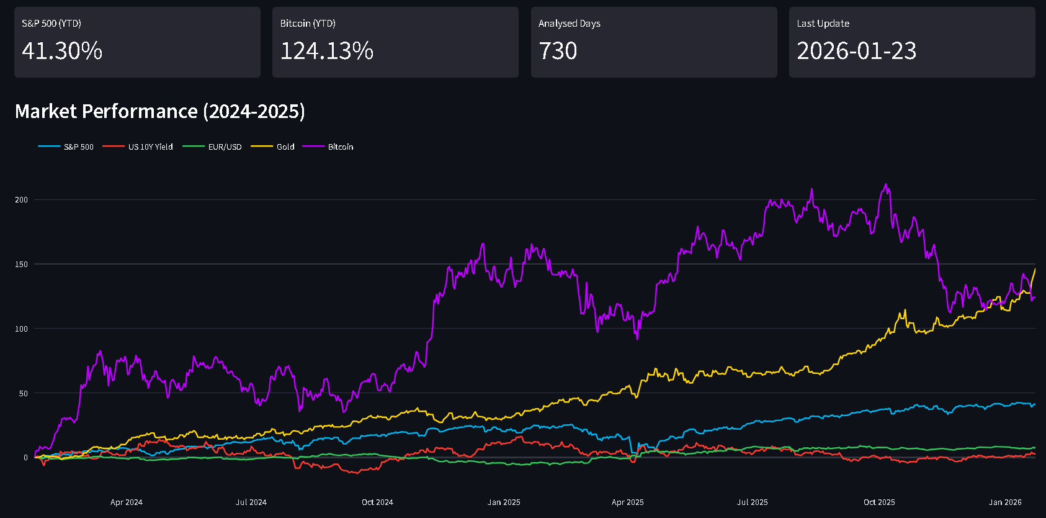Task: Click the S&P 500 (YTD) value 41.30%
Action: click(x=62, y=51)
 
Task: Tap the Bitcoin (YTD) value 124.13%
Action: click(x=326, y=51)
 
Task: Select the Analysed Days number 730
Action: click(x=558, y=51)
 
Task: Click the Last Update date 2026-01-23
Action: click(x=856, y=51)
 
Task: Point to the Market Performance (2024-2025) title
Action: click(x=159, y=111)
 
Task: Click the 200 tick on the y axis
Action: click(x=22, y=200)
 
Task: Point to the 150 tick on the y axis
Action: click(x=22, y=265)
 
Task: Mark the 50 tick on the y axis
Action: click(x=24, y=394)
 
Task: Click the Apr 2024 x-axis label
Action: click(x=127, y=502)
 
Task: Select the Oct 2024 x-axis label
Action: click(x=377, y=502)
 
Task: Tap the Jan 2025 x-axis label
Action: click(x=504, y=502)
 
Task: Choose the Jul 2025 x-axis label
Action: click(x=752, y=502)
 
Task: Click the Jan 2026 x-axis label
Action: click(x=1005, y=502)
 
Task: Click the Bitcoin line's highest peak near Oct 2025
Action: click(x=886, y=184)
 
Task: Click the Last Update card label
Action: click(x=823, y=24)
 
